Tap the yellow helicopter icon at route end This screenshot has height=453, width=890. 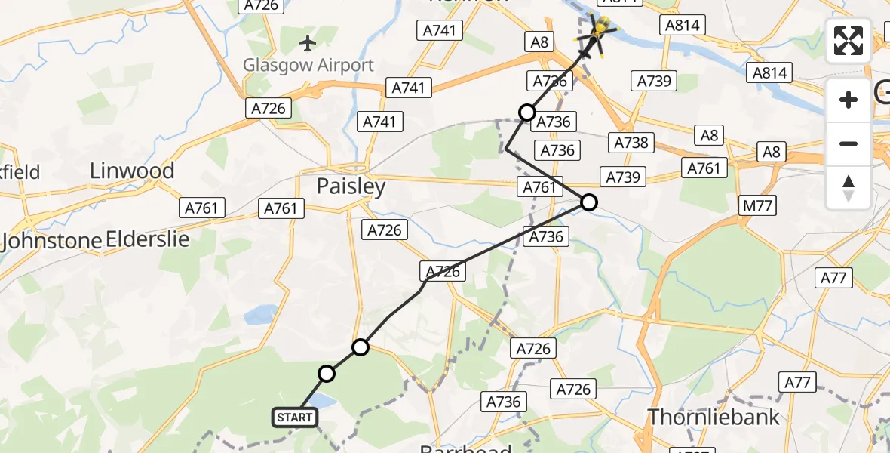point(600,31)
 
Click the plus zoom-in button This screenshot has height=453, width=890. point(849,100)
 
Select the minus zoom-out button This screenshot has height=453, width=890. point(849,143)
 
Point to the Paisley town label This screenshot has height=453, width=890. point(351,186)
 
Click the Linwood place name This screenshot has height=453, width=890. point(132,171)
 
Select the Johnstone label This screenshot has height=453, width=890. point(51,242)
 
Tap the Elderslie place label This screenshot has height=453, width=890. point(148,239)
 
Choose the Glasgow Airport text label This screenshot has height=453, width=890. point(308,66)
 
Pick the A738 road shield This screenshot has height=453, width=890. point(631,142)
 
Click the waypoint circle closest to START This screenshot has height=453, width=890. point(327,373)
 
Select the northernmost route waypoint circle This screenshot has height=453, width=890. point(527,113)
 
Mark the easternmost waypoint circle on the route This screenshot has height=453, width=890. point(589,202)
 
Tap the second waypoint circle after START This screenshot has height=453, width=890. point(361,347)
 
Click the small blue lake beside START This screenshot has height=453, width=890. point(321,400)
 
